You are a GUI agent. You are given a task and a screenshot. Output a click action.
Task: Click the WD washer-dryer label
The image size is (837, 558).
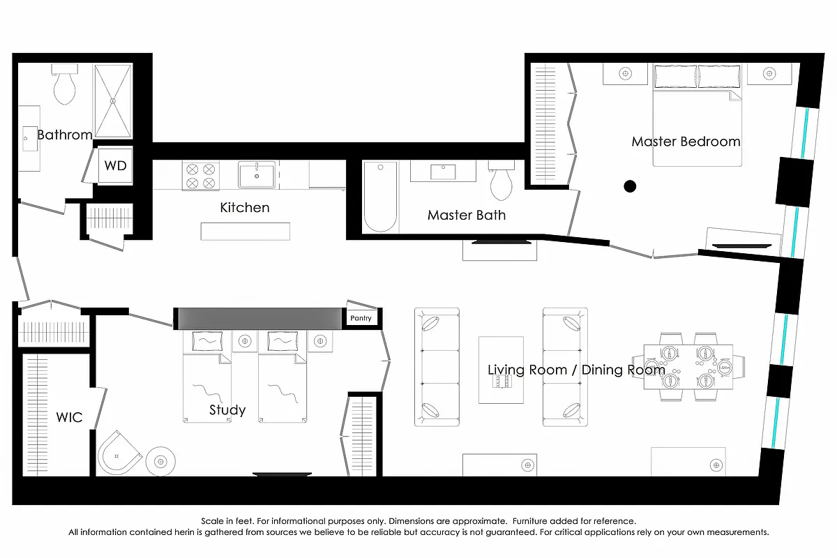pyautogui.click(x=116, y=166)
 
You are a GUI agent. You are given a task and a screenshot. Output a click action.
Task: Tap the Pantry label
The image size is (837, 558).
pyautogui.click(x=362, y=318)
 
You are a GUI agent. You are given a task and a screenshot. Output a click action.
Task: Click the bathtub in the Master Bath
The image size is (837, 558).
pyautogui.click(x=381, y=197)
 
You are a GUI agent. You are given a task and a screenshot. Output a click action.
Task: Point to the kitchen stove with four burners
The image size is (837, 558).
pyautogui.click(x=201, y=175)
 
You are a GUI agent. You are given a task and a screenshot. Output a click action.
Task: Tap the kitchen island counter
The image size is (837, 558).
pyautogui.click(x=245, y=231)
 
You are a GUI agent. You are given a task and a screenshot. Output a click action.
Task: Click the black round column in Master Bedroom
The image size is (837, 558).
pyautogui.click(x=630, y=186)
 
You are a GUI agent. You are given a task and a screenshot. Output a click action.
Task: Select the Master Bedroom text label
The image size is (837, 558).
pyautogui.click(x=686, y=142)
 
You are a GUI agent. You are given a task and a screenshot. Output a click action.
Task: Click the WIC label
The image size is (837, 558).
pyautogui.click(x=69, y=418)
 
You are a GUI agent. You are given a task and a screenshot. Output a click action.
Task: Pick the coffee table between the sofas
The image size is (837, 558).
pyautogui.click(x=501, y=370)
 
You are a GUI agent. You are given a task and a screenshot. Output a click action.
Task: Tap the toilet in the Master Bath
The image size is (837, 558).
pyautogui.click(x=502, y=182)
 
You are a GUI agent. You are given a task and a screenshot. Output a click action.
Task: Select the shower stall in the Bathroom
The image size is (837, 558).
pyautogui.click(x=113, y=101)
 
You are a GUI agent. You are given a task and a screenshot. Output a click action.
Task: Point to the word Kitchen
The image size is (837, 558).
pyautogui.click(x=244, y=208)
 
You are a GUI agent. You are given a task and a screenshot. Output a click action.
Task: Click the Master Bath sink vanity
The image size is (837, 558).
pyautogui.click(x=443, y=171)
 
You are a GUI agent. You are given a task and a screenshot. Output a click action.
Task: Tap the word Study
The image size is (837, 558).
pyautogui.click(x=227, y=410)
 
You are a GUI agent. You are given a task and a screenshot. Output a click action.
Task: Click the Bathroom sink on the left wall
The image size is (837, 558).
pyautogui.click(x=29, y=138)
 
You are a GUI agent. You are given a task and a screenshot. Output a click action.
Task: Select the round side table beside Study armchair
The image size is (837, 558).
pyautogui.click(x=161, y=460)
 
